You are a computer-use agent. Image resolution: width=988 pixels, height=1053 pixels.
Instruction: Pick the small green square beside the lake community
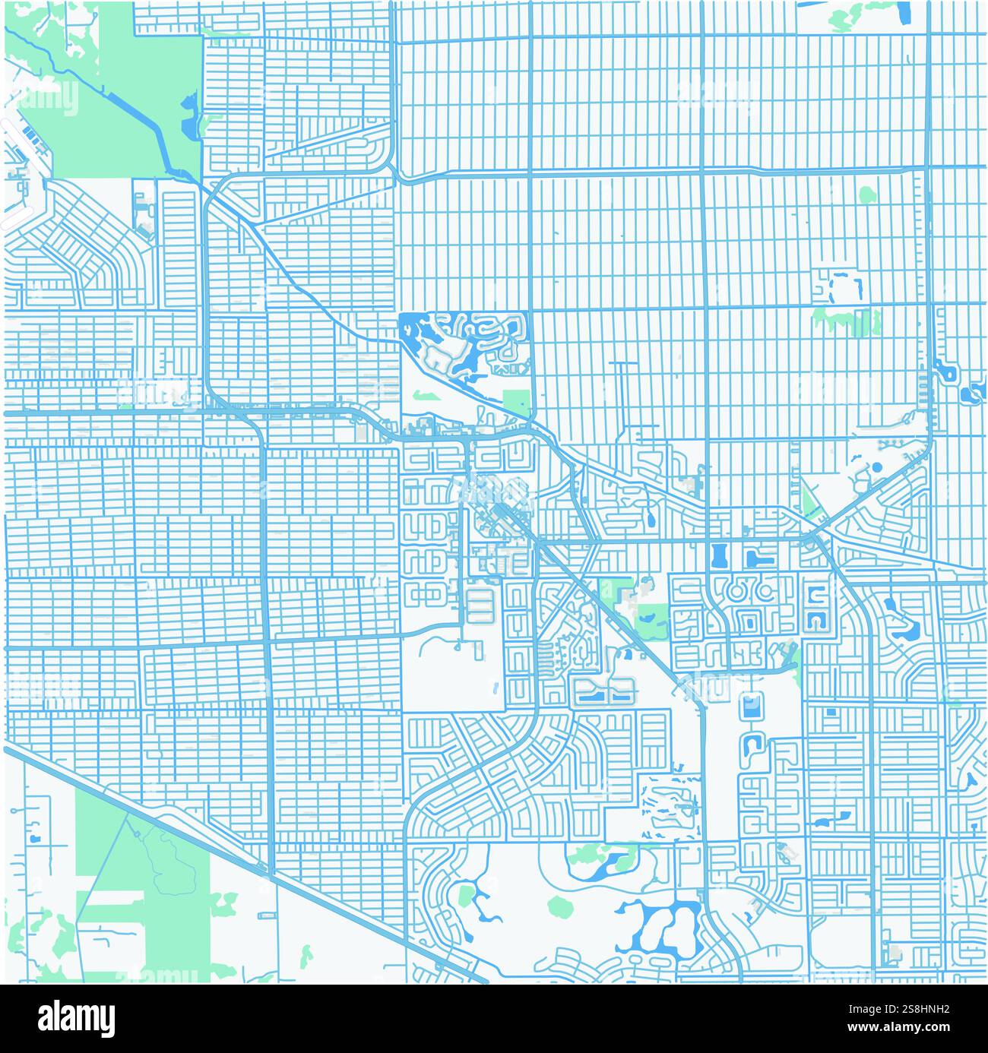coord(517,402)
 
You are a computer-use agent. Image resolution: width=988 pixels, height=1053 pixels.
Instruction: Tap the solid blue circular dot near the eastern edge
coord(877,466)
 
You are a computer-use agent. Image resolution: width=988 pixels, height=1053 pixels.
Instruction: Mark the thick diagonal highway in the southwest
coord(228,851)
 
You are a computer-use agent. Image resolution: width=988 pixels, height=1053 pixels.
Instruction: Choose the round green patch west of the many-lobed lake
coord(560,905)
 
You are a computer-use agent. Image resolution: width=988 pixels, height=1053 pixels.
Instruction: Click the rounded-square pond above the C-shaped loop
coord(751,707)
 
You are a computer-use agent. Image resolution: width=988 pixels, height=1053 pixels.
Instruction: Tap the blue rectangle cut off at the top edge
coord(905,11)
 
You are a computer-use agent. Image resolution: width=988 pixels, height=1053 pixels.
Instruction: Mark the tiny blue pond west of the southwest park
coord(34,839)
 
